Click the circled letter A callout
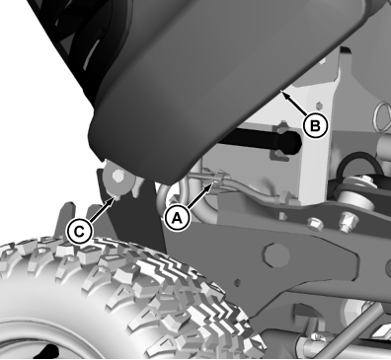[x=177, y=218]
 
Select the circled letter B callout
[x=315, y=125]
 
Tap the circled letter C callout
[x=79, y=232]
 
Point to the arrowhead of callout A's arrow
[x=213, y=183]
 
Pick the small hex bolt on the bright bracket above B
[x=318, y=107]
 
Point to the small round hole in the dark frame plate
[x=238, y=282]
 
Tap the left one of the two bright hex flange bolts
[x=313, y=224]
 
